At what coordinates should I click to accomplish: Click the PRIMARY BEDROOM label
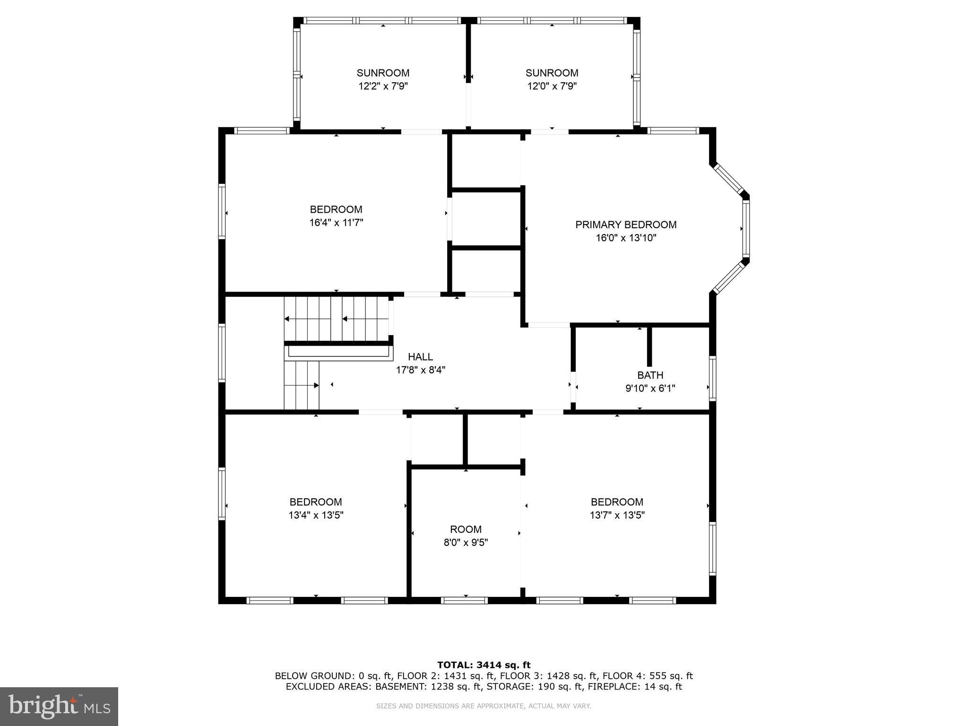[625, 225]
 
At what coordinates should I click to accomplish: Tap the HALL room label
[420, 357]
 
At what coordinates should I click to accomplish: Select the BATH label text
[650, 375]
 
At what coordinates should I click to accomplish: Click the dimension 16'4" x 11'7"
[336, 223]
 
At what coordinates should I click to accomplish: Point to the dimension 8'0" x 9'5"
[466, 543]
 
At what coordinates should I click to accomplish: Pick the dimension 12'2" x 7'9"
[383, 86]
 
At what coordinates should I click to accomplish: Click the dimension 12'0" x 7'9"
[552, 86]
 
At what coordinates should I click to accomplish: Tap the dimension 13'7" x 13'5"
[617, 515]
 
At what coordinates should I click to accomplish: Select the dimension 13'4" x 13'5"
[316, 515]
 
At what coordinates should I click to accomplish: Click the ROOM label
[466, 529]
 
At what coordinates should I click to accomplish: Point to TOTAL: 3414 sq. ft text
[484, 665]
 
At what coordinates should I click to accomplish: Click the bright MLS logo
[59, 706]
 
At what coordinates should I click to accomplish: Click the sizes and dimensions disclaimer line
[484, 706]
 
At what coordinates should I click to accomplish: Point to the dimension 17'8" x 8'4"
[420, 370]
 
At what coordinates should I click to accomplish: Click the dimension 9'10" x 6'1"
[650, 389]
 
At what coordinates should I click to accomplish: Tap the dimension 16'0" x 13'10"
[625, 238]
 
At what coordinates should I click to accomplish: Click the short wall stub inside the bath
[649, 346]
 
